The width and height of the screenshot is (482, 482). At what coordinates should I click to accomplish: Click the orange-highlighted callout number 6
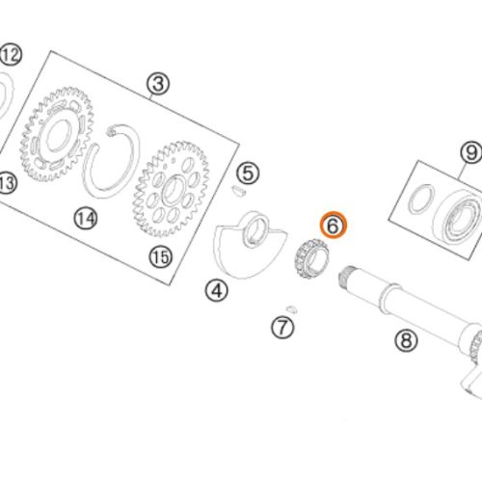coord(334,225)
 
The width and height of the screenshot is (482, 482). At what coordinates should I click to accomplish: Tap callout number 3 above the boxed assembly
coord(158,84)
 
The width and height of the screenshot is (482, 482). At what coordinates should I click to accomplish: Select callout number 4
coord(217,290)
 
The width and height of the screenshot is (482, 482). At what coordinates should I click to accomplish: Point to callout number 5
coord(248,174)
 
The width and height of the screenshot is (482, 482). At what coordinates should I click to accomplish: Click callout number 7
coord(282,327)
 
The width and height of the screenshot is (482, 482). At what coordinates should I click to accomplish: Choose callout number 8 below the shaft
coord(406,340)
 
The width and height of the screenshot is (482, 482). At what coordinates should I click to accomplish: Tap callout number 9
coord(471,152)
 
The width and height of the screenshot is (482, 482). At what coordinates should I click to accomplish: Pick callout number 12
coord(11,55)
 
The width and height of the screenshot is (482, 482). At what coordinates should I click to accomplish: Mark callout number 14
coord(86,219)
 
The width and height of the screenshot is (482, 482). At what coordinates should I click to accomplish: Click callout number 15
coord(161,257)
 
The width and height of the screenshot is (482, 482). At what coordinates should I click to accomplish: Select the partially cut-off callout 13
coord(7,183)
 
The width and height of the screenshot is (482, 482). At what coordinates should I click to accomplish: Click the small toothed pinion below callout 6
coord(310,258)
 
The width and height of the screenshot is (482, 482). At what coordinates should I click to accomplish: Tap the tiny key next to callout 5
coord(239,190)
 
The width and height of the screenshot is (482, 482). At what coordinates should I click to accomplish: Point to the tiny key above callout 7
coord(292,308)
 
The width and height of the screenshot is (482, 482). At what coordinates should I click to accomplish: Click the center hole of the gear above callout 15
coord(174,190)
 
